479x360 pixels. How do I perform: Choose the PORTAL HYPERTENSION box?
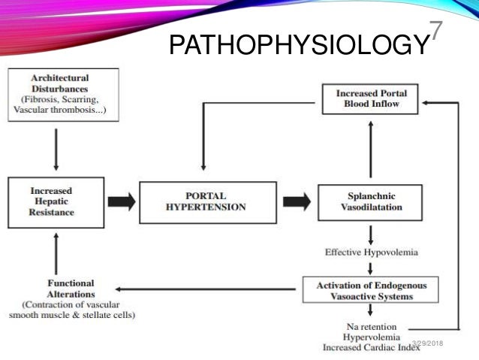click(x=204, y=201)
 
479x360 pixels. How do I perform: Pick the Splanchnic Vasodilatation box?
click(x=366, y=201)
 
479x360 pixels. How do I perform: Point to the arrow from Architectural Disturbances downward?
click(x=56, y=148)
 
